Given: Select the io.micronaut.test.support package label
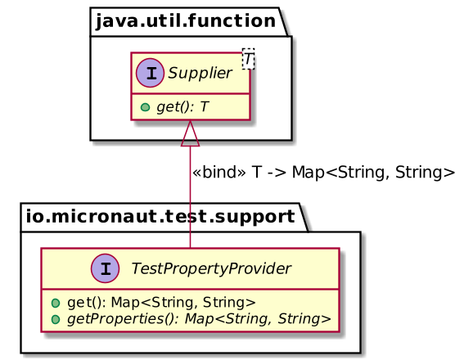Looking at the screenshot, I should point(160,217).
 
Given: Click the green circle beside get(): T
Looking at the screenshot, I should point(145,107).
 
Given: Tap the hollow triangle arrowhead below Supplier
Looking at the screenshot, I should point(190,130).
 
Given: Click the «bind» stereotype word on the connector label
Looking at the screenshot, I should point(218,173).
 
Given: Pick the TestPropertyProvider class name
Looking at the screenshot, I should point(200,268).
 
